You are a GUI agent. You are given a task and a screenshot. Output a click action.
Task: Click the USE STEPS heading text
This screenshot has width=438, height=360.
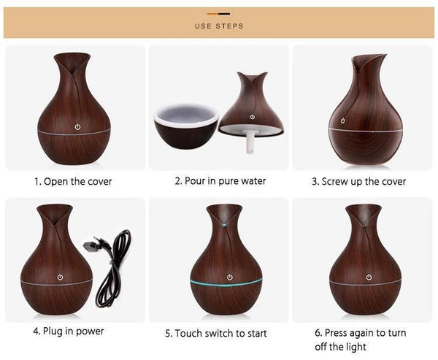[219, 26]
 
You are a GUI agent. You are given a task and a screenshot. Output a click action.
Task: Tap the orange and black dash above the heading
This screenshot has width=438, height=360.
[219, 13]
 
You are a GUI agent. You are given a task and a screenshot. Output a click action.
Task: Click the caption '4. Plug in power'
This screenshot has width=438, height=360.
[69, 331]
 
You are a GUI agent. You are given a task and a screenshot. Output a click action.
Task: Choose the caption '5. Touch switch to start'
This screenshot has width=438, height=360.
[216, 333]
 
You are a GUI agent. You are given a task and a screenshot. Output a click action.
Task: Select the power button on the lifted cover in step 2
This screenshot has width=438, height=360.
[252, 117]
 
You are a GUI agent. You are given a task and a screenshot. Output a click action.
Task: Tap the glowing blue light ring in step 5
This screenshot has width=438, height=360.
[220, 282]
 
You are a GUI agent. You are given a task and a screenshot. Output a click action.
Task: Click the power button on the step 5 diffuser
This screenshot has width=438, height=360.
[230, 277]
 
